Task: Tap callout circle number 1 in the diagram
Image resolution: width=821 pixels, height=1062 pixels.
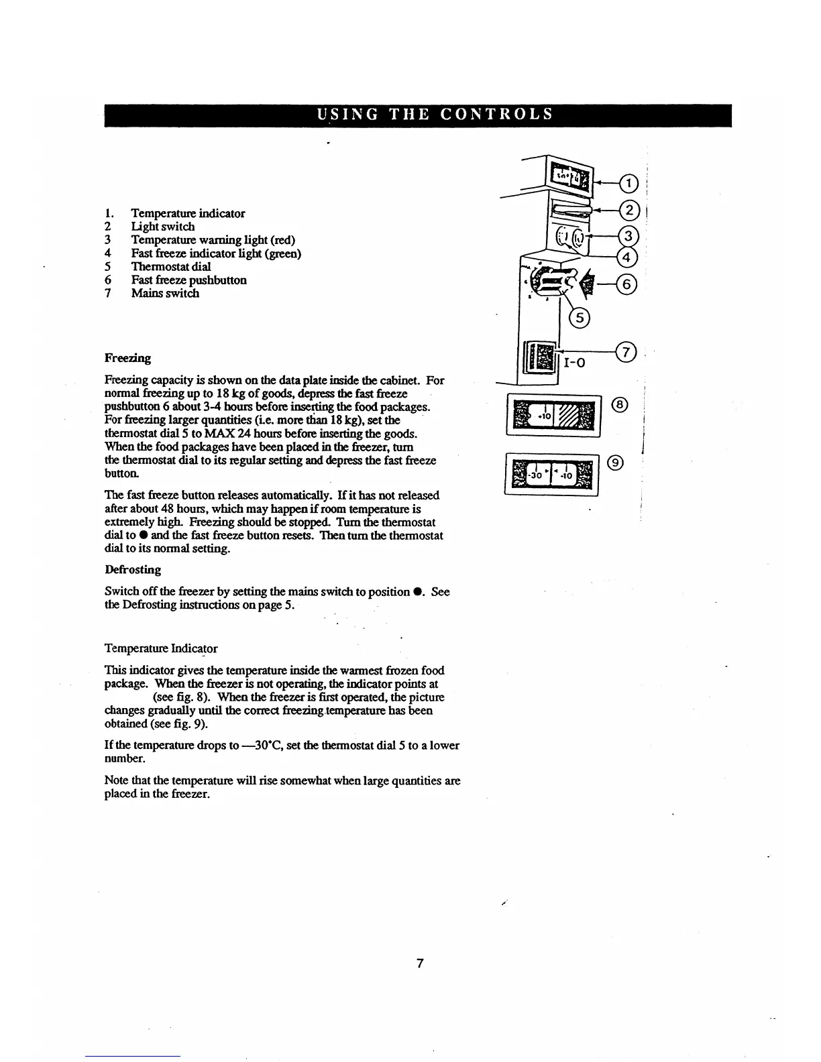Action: [628, 183]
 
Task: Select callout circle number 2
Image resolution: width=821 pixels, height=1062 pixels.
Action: [629, 211]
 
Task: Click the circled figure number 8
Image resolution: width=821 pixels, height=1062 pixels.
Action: [621, 404]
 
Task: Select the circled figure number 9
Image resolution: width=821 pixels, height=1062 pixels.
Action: [617, 462]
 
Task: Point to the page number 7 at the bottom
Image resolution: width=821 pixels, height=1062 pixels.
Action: [419, 963]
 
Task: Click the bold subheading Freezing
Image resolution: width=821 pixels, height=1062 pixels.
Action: [127, 358]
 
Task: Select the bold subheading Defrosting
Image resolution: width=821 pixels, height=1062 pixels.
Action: [133, 570]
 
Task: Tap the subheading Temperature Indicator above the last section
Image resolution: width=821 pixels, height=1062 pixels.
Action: [161, 648]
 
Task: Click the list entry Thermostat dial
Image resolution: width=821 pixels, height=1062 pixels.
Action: [170, 266]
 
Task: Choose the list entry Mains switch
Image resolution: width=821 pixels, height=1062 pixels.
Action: [165, 293]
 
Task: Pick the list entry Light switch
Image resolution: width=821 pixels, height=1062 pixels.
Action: [163, 227]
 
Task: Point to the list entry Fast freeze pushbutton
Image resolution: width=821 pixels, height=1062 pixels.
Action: [188, 280]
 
